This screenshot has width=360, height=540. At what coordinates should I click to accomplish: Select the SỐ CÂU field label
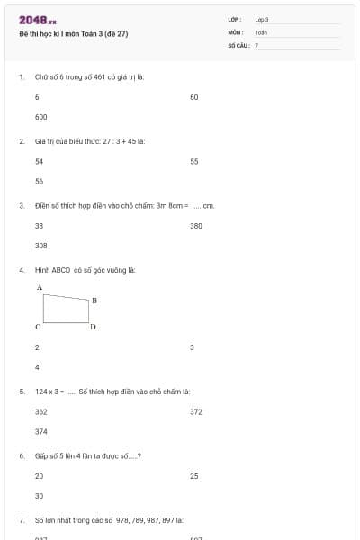pos(238,44)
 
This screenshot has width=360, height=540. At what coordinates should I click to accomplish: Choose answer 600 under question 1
pos(40,117)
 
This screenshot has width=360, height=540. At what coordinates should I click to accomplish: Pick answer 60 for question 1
pos(194,97)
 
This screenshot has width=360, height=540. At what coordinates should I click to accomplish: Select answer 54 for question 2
pos(39,162)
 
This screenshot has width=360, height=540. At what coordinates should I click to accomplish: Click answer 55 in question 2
pos(194,162)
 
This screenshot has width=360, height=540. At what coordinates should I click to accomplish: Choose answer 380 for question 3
pos(196,226)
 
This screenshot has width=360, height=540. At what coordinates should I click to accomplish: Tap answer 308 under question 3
pos(40,246)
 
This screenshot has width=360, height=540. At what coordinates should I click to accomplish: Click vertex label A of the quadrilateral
pos(40,287)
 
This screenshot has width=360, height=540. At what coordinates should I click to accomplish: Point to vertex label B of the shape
pos(94,300)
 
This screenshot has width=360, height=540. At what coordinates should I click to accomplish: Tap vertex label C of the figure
pos(39,327)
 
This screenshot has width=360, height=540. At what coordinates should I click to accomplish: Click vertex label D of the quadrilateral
pos(93,327)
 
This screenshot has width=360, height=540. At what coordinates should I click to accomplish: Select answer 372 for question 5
pos(196,411)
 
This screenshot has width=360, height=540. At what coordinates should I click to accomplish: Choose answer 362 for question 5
pos(40,411)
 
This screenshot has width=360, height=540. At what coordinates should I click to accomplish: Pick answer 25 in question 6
pos(194,476)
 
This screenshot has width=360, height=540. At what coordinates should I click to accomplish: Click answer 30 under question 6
pos(39,496)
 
